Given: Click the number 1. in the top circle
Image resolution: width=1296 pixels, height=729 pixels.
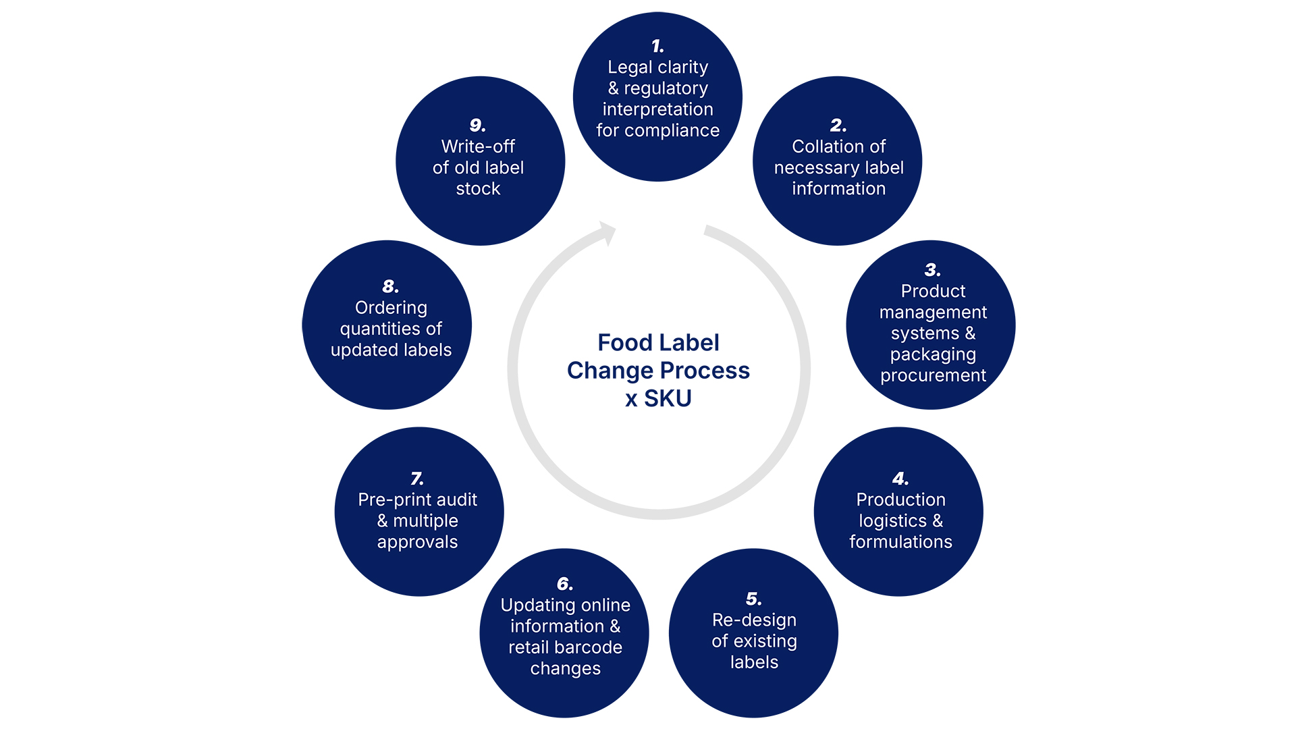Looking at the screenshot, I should (x=657, y=46).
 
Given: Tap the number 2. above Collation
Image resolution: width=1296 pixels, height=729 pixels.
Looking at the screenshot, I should (x=838, y=126).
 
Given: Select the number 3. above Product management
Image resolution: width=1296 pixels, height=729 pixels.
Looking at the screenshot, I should (x=932, y=270).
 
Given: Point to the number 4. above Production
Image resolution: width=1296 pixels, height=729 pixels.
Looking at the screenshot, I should (x=900, y=479).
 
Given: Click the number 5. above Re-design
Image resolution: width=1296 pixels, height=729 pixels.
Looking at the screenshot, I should (x=753, y=599).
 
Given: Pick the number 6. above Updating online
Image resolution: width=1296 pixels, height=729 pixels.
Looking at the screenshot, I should (x=564, y=584).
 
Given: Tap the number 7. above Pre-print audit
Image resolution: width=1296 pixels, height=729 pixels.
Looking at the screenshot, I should (x=417, y=479).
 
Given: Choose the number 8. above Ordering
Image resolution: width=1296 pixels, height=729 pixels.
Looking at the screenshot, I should (x=390, y=286).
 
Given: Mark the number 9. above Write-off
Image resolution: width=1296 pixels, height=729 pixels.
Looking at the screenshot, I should (x=477, y=126).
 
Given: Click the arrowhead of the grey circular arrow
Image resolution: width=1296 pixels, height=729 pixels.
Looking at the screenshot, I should (x=607, y=233).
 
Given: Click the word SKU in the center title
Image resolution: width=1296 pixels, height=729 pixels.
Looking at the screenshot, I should (x=668, y=399).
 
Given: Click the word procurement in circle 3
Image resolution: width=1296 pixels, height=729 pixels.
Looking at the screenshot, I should (x=933, y=375).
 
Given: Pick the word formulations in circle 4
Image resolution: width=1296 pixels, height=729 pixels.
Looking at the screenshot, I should (x=900, y=542).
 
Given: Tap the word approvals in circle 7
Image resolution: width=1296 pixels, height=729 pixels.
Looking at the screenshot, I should (x=417, y=542).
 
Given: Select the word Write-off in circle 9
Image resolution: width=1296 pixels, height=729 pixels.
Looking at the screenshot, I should (x=478, y=146).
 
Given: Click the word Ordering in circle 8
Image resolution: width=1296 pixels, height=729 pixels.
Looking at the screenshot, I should (x=391, y=308).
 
